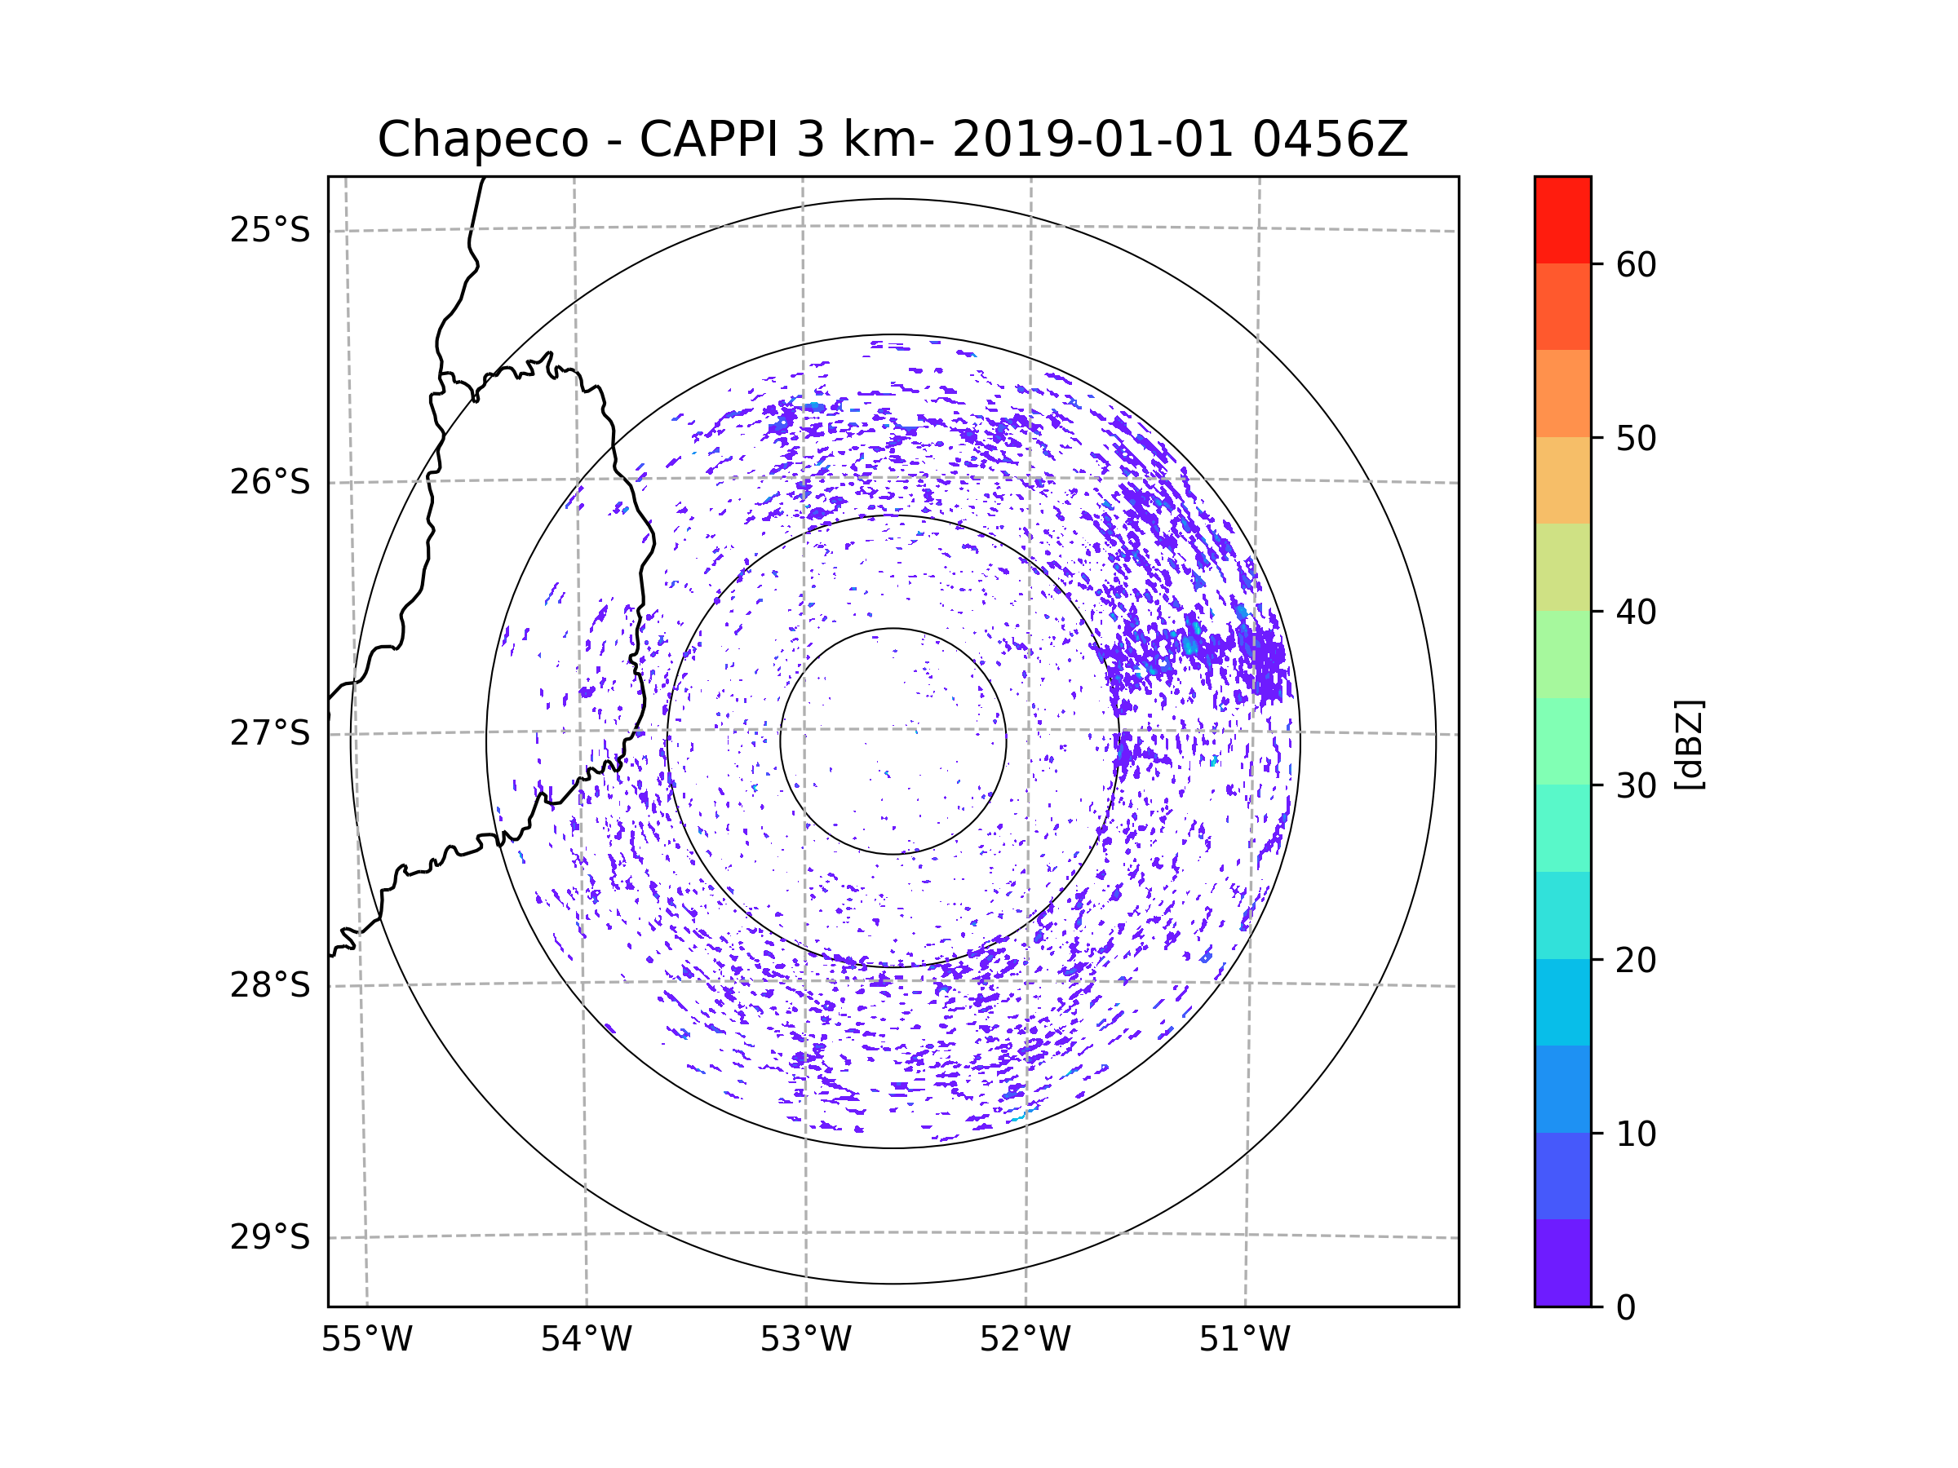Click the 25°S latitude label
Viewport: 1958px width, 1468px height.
click(x=270, y=230)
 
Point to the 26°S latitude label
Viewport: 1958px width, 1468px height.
click(x=270, y=482)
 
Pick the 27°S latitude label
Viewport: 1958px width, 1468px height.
click(x=270, y=733)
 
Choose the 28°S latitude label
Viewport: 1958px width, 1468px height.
click(x=270, y=985)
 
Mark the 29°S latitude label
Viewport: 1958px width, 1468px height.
click(x=270, y=1237)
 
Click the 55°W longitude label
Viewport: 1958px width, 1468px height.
click(x=366, y=1340)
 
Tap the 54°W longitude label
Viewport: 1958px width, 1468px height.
click(x=586, y=1340)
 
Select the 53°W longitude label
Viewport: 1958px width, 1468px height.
click(x=805, y=1340)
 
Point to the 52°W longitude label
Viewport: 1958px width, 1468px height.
click(x=1025, y=1340)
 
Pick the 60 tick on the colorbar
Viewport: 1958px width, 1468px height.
click(x=1636, y=264)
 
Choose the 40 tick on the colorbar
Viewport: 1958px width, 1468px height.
click(x=1636, y=612)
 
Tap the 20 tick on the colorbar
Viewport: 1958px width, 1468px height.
click(x=1636, y=960)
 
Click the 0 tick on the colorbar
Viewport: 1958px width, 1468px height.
click(x=1626, y=1308)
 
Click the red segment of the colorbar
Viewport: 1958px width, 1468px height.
click(x=1562, y=219)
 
